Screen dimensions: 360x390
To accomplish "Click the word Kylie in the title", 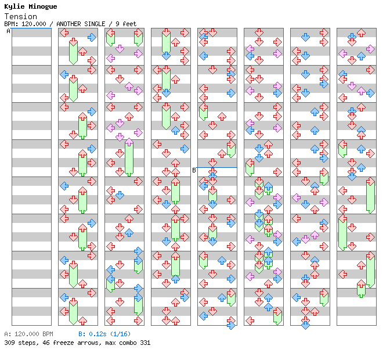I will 14,6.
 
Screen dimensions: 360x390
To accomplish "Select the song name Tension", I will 20,16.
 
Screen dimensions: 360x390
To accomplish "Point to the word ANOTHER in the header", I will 71,24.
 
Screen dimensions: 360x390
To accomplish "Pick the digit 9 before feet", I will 118,24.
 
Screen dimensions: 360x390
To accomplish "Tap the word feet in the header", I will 129,24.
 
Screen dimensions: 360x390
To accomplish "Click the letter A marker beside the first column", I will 8,31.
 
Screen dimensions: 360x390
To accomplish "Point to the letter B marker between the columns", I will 194,170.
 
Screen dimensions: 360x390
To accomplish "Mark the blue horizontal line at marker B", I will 217,167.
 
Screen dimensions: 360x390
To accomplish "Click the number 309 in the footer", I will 10,343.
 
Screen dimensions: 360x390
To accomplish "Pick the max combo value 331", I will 145,343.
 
